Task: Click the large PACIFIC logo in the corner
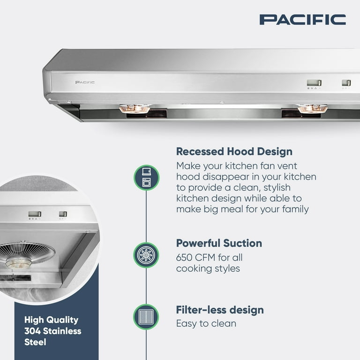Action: pyautogui.click(x=303, y=20)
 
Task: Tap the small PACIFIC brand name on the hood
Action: pyautogui.click(x=85, y=82)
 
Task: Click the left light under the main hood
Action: pyautogui.click(x=135, y=108)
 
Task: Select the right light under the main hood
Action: pyautogui.click(x=312, y=108)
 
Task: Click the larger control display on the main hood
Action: pyautogui.click(x=314, y=82)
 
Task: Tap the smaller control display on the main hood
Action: pyautogui.click(x=346, y=82)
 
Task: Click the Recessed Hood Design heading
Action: pyautogui.click(x=234, y=152)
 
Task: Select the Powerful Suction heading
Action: pyautogui.click(x=219, y=243)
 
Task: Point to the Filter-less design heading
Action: pyautogui.click(x=220, y=310)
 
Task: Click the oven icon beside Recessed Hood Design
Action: pyautogui.click(x=146, y=178)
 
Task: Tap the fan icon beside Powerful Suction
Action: pyautogui.click(x=146, y=255)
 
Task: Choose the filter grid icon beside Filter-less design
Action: pyautogui.click(x=146, y=317)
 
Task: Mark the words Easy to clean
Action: pyautogui.click(x=206, y=323)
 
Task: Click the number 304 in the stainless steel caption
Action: pyautogui.click(x=32, y=331)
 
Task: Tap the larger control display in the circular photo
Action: pyautogui.click(x=35, y=214)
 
